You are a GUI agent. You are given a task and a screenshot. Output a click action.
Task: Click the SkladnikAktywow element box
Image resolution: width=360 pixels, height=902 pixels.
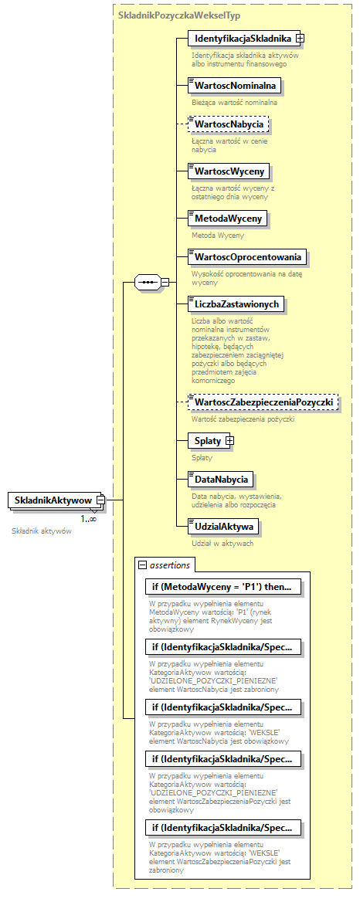click(53, 501)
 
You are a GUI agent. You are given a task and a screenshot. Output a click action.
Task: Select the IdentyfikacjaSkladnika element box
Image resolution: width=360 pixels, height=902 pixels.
click(243, 38)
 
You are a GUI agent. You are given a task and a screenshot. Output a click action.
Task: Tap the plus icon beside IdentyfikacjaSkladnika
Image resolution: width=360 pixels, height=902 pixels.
click(301, 38)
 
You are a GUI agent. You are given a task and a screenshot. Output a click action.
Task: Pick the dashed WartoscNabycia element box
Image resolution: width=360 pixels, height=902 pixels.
click(230, 124)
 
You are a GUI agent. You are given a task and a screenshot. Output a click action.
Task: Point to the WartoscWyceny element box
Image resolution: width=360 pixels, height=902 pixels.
click(231, 171)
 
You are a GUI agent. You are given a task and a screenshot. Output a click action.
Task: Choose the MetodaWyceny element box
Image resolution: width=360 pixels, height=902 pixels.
click(229, 219)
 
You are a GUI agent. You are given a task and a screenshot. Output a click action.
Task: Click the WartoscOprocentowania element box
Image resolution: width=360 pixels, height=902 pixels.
click(248, 256)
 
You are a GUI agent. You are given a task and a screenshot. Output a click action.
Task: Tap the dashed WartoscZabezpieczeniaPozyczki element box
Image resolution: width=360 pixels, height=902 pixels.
click(263, 402)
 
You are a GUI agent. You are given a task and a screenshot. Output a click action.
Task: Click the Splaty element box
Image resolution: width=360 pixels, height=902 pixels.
click(208, 441)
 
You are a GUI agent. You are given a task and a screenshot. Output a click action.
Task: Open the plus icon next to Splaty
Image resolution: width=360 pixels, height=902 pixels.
click(229, 441)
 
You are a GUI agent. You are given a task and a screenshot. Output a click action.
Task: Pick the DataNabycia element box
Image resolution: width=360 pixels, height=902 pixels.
click(221, 480)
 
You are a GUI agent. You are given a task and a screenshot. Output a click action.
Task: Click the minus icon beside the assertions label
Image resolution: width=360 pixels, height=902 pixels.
click(142, 565)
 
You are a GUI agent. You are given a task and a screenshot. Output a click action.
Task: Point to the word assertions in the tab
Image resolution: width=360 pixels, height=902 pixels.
click(169, 565)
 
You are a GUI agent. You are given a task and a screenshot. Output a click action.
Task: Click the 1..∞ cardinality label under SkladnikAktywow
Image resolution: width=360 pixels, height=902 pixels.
click(89, 518)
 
